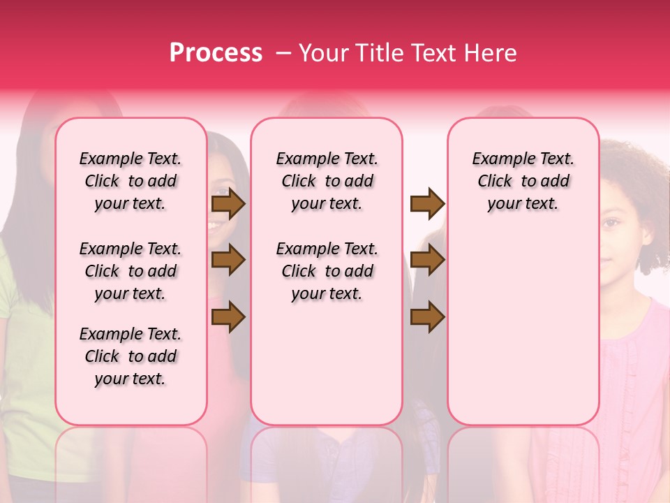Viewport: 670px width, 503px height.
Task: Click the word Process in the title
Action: [x=215, y=53]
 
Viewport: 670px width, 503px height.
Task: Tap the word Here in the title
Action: [x=491, y=53]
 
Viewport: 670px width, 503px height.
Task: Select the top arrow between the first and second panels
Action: [x=228, y=204]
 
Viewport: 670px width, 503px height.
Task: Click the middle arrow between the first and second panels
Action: [x=228, y=261]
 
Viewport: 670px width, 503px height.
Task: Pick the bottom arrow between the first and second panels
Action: [x=228, y=318]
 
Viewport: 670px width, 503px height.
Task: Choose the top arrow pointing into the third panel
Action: [x=427, y=204]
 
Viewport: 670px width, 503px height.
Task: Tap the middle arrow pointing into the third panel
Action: [x=427, y=261]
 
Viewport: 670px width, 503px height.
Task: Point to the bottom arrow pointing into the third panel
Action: [x=427, y=318]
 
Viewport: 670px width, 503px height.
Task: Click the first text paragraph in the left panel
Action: [x=131, y=181]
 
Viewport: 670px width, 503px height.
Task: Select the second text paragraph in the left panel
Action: [x=131, y=271]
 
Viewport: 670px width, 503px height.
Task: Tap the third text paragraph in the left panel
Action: [x=131, y=356]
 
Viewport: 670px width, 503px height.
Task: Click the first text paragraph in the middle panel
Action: [x=327, y=181]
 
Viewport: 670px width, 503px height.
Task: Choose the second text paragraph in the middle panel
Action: [x=327, y=271]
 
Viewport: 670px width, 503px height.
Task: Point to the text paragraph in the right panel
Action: [x=523, y=181]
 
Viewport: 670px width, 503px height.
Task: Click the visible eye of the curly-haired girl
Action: [x=611, y=223]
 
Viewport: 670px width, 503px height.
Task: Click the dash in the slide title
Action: [x=284, y=54]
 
